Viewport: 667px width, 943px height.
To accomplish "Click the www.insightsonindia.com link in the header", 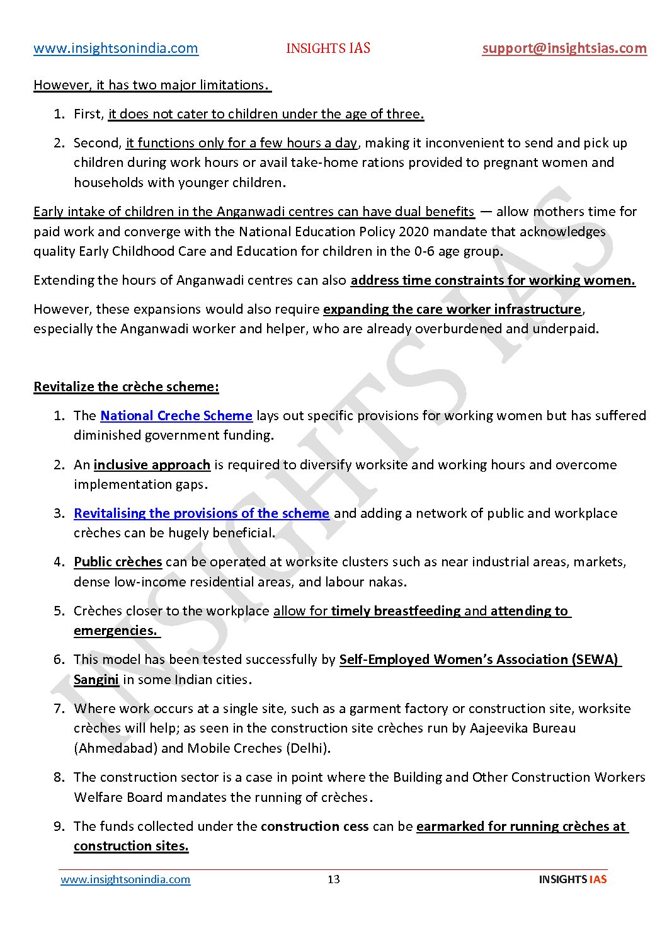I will coord(116,49).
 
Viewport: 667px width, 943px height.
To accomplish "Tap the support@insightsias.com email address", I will coord(564,49).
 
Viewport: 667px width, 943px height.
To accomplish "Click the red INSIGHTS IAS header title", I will coord(328,49).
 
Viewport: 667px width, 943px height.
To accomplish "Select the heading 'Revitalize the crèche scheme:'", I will coord(126,387).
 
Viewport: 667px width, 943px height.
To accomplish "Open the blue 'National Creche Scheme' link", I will coord(176,416).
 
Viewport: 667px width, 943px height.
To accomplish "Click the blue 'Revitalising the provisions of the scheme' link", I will coord(202,513).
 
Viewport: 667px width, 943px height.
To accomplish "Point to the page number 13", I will coord(334,879).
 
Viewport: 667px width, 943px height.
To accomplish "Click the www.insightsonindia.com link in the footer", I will coord(125,879).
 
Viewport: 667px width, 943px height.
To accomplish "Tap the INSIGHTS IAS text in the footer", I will coord(573,879).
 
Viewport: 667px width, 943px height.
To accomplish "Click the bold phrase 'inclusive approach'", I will coord(152,465).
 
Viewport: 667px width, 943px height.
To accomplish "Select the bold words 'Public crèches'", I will coord(118,562).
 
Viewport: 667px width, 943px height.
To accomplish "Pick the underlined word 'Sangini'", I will coord(96,680).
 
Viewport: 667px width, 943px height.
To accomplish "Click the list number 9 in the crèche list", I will coord(59,826).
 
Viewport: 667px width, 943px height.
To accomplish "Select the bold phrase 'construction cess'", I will coord(315,826).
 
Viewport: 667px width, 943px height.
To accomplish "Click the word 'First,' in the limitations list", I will coord(88,114).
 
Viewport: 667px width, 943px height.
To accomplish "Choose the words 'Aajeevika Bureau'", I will coord(523,728).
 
